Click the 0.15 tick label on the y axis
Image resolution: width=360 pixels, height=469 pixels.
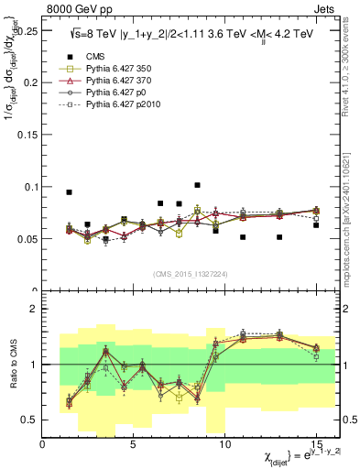point(25,134)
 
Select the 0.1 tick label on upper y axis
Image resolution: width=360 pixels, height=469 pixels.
point(28,187)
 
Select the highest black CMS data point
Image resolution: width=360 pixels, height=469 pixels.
point(197,185)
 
